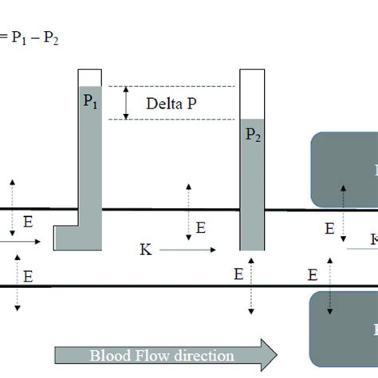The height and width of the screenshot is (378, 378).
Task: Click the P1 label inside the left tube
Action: pyautogui.click(x=90, y=102)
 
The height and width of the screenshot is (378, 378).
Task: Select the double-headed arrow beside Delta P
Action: pyautogui.click(x=125, y=103)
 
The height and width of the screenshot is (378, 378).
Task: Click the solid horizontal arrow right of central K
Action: pyautogui.click(x=187, y=250)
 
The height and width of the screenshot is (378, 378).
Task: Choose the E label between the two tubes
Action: pyautogui.click(x=200, y=228)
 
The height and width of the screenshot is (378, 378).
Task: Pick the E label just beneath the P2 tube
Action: pyautogui.click(x=238, y=275)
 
